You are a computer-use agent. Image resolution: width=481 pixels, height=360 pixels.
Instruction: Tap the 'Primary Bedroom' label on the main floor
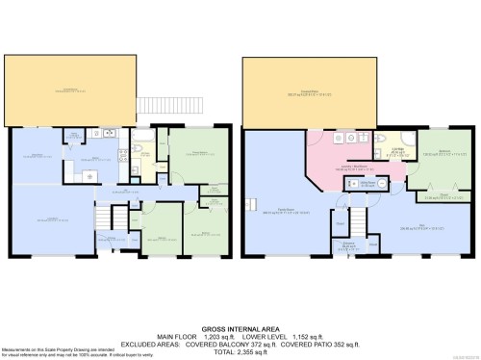pos(199,152)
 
